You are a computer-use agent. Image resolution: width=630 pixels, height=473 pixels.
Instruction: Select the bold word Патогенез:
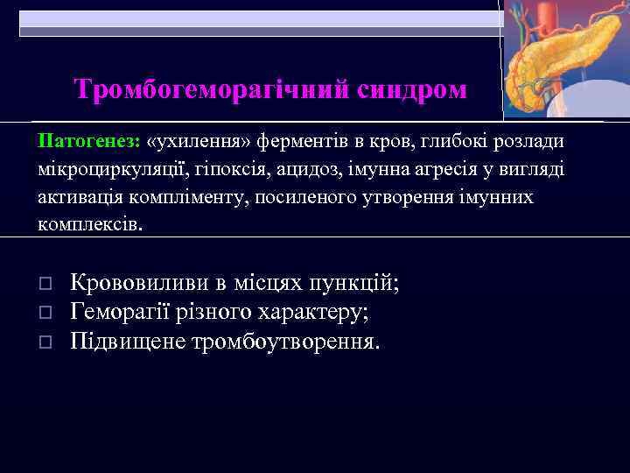click(89, 140)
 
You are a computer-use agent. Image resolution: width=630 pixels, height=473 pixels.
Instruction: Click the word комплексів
click(88, 224)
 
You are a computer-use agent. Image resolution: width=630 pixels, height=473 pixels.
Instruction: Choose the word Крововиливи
click(138, 283)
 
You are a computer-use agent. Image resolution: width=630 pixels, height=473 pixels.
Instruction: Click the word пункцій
click(357, 283)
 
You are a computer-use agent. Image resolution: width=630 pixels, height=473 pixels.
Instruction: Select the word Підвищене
click(121, 340)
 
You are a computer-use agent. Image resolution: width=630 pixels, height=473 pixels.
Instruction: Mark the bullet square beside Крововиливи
click(46, 285)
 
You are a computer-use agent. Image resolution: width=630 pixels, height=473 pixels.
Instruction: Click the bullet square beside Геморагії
click(46, 313)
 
